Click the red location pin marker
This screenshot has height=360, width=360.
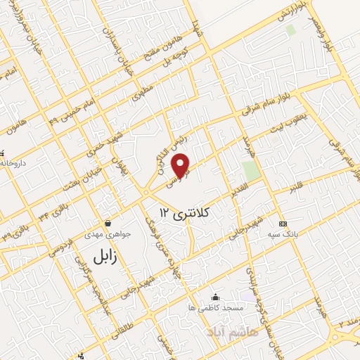(181, 165)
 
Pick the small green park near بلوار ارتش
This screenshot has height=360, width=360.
(290, 30)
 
